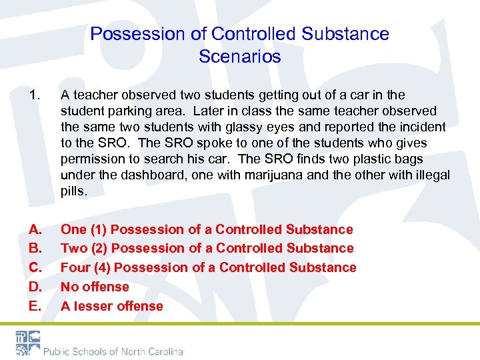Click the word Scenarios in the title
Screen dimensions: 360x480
click(240, 57)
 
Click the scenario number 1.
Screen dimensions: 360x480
click(34, 95)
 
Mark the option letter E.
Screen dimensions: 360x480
click(35, 306)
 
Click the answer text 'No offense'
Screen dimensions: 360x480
click(95, 287)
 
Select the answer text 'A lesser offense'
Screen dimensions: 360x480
click(111, 306)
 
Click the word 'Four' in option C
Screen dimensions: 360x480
click(75, 267)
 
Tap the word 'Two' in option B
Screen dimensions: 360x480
click(74, 248)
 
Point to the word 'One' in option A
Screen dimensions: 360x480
click(73, 229)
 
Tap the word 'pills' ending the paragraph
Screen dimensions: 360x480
click(73, 191)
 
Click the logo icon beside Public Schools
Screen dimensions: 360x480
click(26, 343)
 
